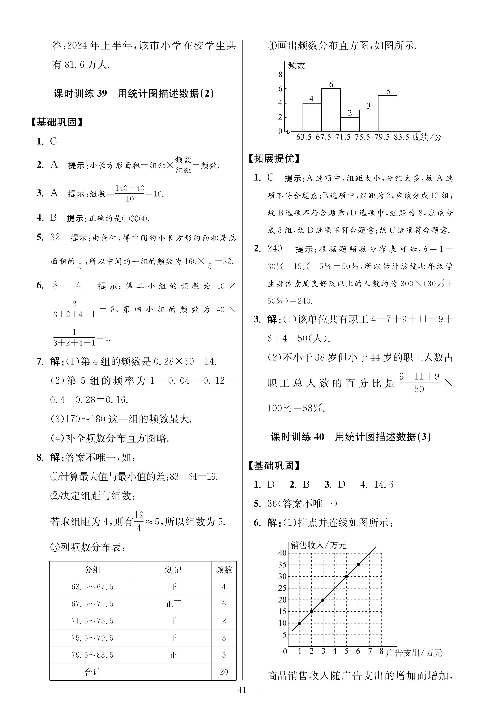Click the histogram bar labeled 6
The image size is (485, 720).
click(331, 110)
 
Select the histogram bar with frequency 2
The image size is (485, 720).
click(350, 124)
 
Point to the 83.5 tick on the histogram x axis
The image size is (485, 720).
click(401, 137)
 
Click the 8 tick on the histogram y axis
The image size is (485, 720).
click(280, 74)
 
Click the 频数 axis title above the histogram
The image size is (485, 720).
click(296, 65)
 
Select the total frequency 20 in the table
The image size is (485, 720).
click(224, 672)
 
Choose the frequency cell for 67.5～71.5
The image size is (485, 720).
click(224, 604)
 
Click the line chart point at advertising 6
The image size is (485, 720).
click(358, 564)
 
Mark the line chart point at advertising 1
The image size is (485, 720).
click(299, 623)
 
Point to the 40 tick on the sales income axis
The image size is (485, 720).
click(282, 553)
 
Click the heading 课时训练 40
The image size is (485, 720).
click(297, 437)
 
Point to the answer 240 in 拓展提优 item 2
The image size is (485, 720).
click(275, 248)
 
